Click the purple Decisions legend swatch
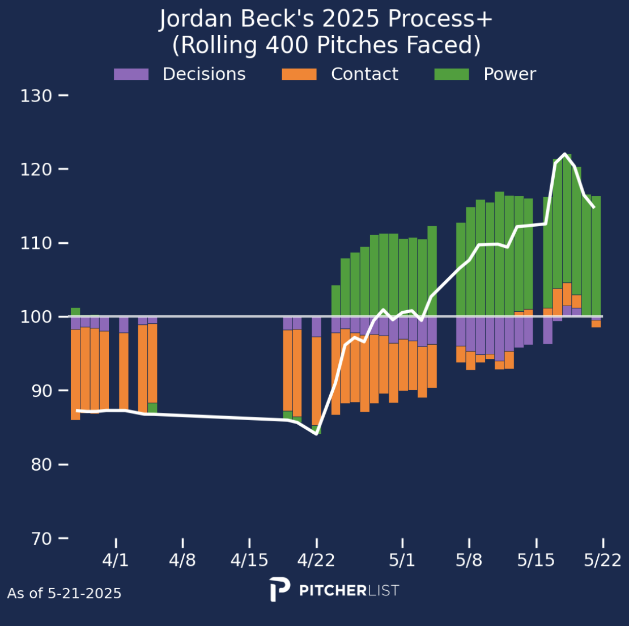tap(131, 74)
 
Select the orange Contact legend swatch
tap(299, 74)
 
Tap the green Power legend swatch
tap(452, 74)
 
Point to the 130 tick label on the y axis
tap(36, 96)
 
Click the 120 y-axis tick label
tap(36, 170)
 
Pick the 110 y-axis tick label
tap(36, 243)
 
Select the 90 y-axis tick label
tap(36, 391)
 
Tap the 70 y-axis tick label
tap(36, 538)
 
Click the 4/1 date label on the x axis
tap(116, 561)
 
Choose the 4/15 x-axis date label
tap(249, 561)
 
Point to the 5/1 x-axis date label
tap(402, 561)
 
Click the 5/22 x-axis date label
tap(603, 561)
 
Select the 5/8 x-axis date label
tap(469, 561)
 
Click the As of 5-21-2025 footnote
tap(65, 594)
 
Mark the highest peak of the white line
tap(564, 154)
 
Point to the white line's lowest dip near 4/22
tap(316, 434)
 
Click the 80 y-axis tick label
tap(36, 464)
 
